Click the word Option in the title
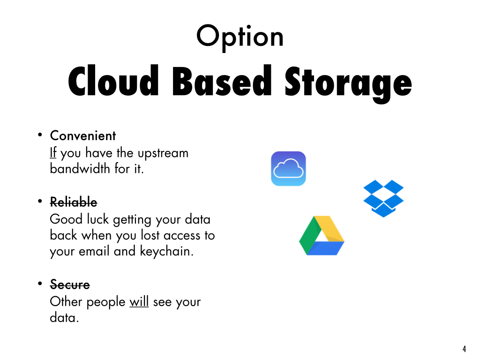tap(240, 37)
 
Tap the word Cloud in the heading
tap(113, 80)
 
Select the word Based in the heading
tap(222, 80)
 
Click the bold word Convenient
tap(83, 135)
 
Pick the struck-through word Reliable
tap(74, 202)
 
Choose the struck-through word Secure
tap(70, 285)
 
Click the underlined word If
tap(53, 152)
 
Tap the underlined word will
tap(139, 301)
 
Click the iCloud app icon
tap(288, 169)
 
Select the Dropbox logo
tap(383, 198)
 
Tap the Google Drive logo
tap(322, 235)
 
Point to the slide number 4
tap(465, 349)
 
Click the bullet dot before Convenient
tap(40, 135)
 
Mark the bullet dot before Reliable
tap(40, 201)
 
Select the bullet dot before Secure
tap(40, 283)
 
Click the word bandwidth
tap(80, 168)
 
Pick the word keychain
tap(167, 252)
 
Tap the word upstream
tap(163, 154)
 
